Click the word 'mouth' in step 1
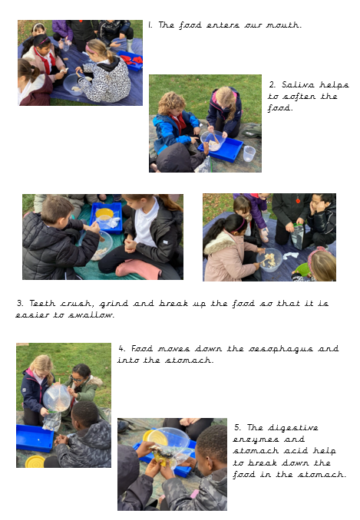point(283,25)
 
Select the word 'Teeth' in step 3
point(42,303)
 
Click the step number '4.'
point(122,348)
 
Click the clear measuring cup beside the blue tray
point(249,153)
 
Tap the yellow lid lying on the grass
point(35,462)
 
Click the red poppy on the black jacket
point(298,201)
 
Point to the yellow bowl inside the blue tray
point(104,213)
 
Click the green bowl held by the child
point(302,269)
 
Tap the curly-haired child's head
point(171,103)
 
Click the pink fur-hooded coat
point(229,256)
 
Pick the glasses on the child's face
point(77,380)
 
